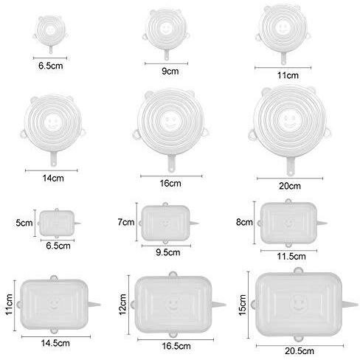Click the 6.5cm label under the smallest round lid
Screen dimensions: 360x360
(51, 66)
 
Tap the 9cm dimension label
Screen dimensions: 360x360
(170, 71)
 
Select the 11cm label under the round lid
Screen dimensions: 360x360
(288, 75)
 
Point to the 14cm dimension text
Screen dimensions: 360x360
(53, 178)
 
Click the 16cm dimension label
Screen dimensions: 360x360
(170, 183)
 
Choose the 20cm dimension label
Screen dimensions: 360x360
(290, 186)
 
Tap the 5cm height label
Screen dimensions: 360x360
(24, 223)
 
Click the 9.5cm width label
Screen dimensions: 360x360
(168, 252)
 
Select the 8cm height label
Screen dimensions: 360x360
(244, 222)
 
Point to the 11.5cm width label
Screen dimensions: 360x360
(291, 257)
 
